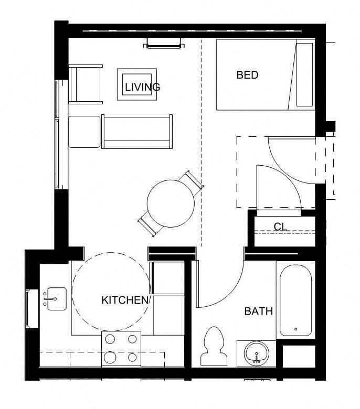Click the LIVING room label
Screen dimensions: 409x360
tap(142, 87)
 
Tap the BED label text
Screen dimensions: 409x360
tap(247, 75)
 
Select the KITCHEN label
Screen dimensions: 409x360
tap(125, 300)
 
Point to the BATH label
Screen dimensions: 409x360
tap(259, 311)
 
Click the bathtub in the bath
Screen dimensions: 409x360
tap(295, 301)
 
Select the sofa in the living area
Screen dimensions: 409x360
tap(137, 131)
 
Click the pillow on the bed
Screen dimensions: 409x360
tap(304, 74)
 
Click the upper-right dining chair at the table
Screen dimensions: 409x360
tap(192, 180)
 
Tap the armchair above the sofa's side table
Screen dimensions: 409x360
tap(85, 84)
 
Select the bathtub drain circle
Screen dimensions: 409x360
tap(295, 329)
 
